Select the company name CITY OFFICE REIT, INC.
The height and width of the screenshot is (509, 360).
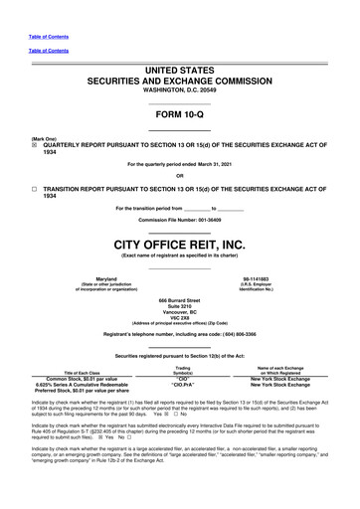point(179,244)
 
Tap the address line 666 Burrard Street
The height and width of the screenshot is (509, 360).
point(179,299)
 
